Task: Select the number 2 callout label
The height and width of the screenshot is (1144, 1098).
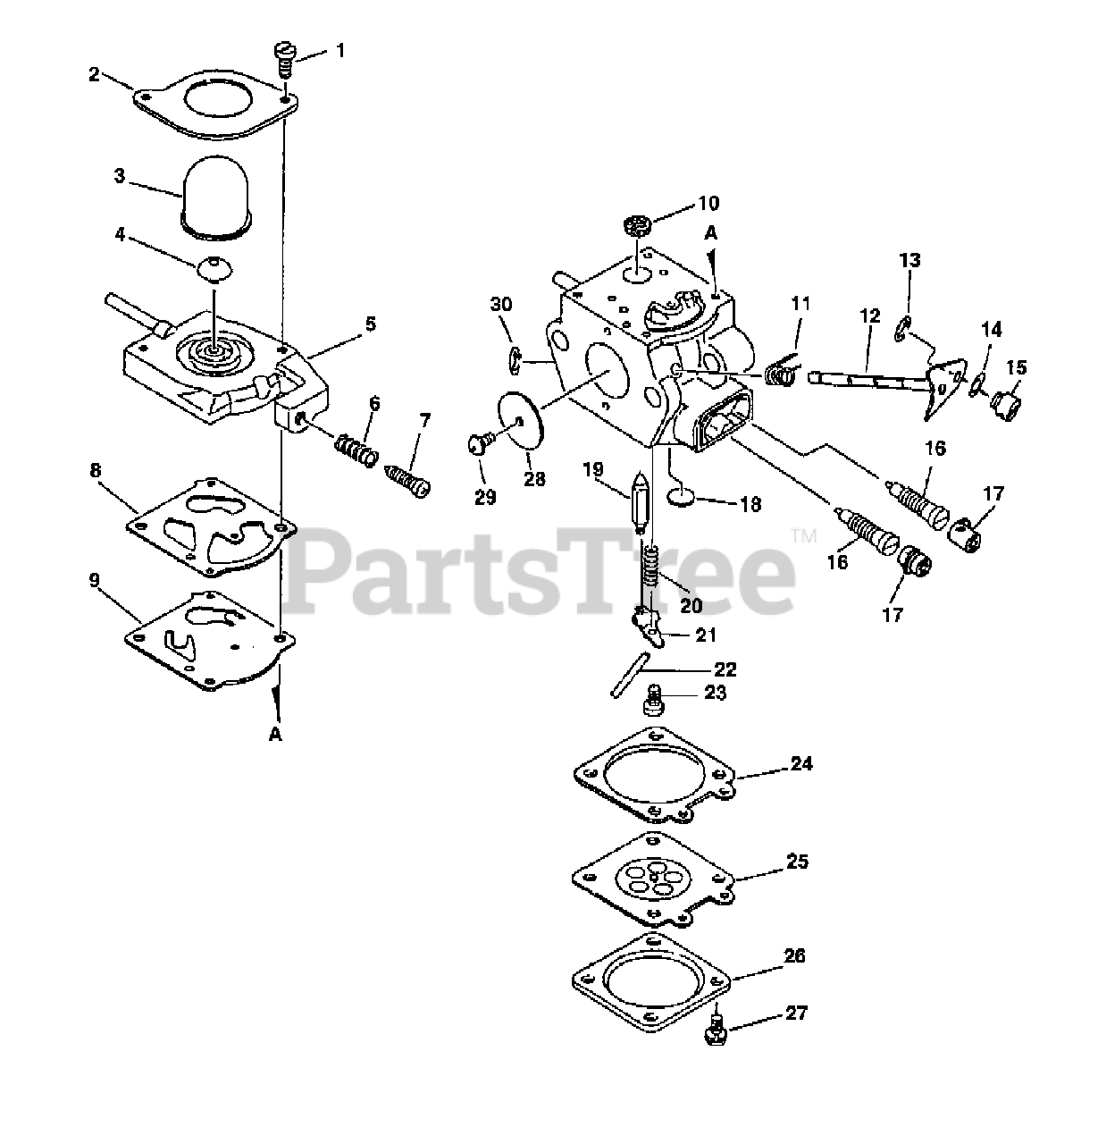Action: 95,74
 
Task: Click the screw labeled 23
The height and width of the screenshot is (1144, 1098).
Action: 652,700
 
